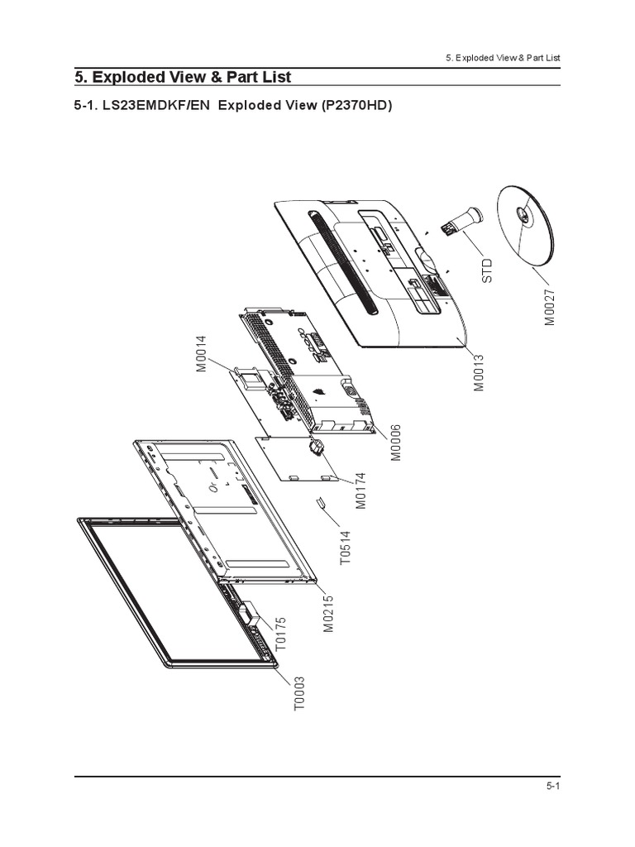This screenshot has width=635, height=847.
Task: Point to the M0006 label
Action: (x=395, y=443)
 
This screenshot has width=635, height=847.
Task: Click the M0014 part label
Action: (x=201, y=355)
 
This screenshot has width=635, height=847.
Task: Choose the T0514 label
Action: (x=346, y=547)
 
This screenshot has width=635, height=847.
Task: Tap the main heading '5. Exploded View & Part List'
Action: (x=183, y=77)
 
